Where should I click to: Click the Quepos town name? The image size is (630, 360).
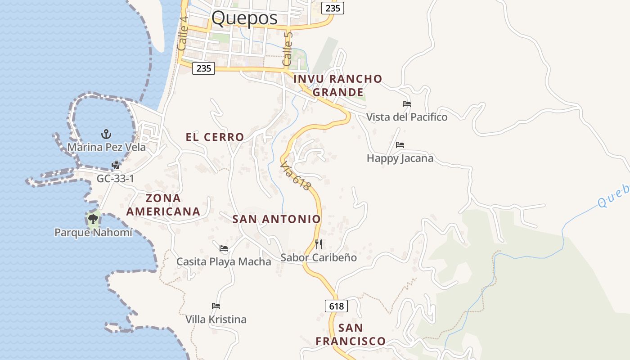pos(244,18)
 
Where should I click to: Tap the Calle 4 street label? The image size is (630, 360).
pos(182,33)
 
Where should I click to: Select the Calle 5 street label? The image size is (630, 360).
pos(288,49)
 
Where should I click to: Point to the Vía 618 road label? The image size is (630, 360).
pos(296,176)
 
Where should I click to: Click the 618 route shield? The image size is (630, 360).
pos(336,306)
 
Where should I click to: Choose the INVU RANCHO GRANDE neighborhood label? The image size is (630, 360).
pos(337,85)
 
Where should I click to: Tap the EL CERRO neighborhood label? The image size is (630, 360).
pos(215,137)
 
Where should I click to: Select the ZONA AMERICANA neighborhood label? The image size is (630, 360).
pos(163,205)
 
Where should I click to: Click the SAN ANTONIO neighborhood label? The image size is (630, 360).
pos(276,219)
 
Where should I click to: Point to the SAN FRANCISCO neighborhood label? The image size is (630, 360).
pos(351,334)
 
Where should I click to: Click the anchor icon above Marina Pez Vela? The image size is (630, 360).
pos(106,134)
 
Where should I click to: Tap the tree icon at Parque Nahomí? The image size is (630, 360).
pos(93,219)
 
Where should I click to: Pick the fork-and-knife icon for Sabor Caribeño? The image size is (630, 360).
pos(319,244)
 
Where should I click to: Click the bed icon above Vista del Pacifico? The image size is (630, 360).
pos(407,104)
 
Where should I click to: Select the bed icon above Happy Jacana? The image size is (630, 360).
pos(400,145)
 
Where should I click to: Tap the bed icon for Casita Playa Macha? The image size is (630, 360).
pos(224,248)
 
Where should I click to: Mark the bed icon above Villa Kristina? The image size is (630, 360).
pos(216,306)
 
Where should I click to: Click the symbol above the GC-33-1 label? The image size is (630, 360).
pos(116,165)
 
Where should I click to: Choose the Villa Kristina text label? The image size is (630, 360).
pos(216,319)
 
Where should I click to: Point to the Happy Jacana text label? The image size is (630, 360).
pos(400,158)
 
